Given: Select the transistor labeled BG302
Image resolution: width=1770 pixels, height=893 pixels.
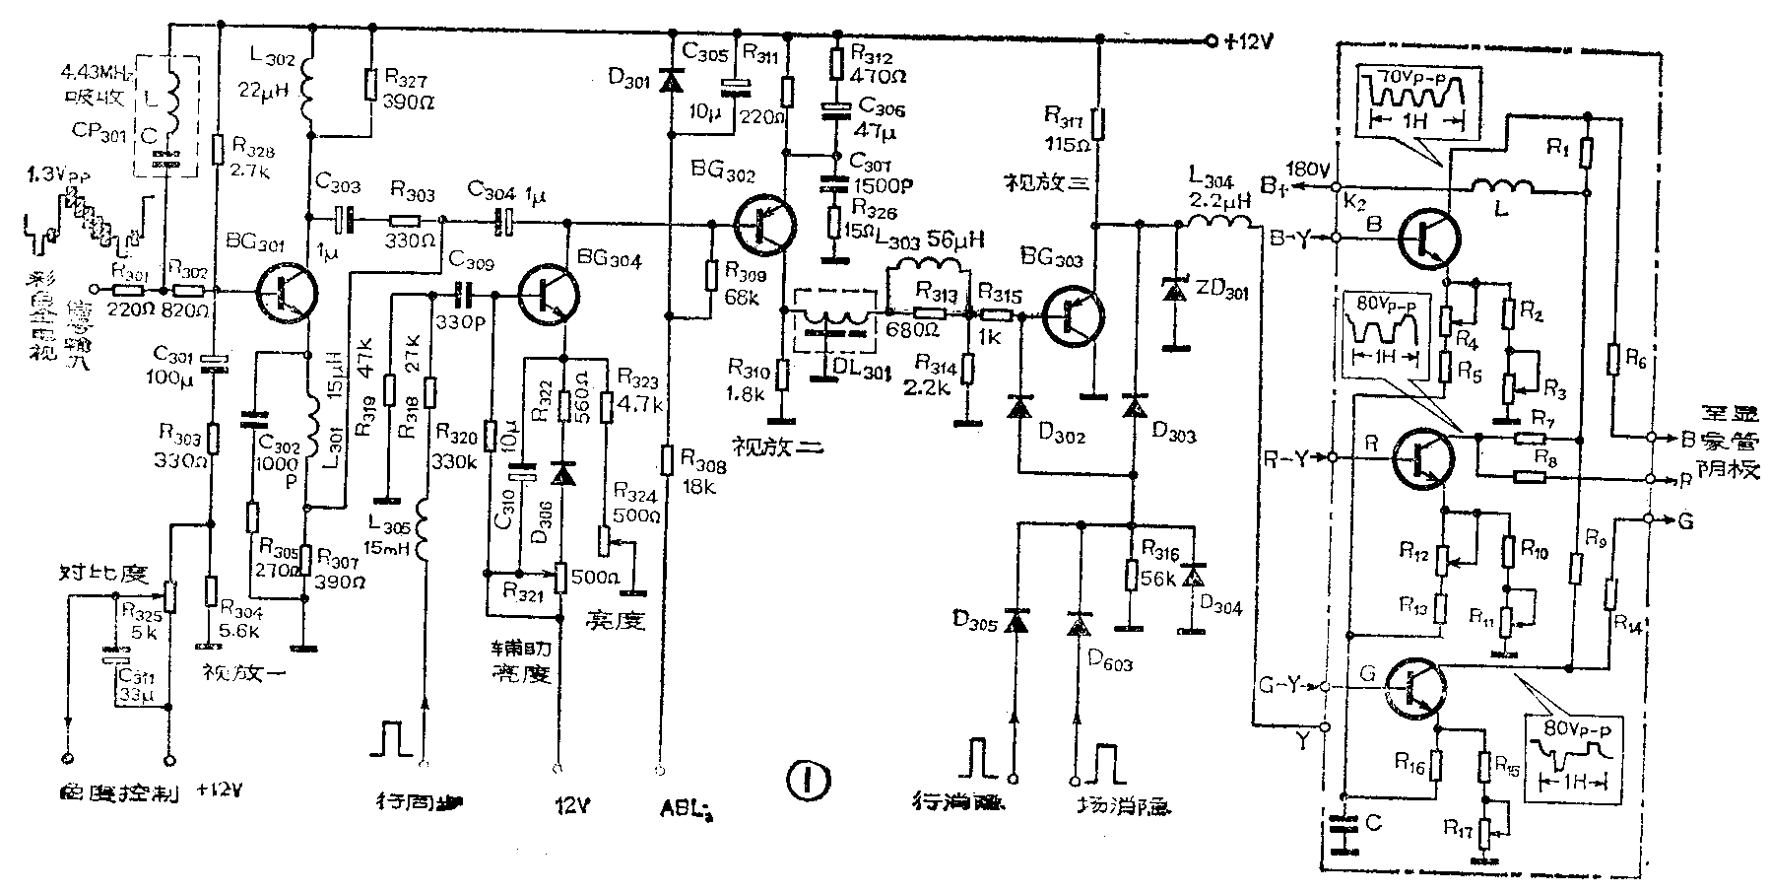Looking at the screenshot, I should pos(765,224).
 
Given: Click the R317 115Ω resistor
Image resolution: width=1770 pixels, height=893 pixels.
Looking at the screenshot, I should pos(1099,125).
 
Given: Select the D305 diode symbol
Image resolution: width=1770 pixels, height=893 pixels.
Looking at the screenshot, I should pos(1016,622).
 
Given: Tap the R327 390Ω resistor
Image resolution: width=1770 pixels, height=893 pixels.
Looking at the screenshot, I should pos(371,85).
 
